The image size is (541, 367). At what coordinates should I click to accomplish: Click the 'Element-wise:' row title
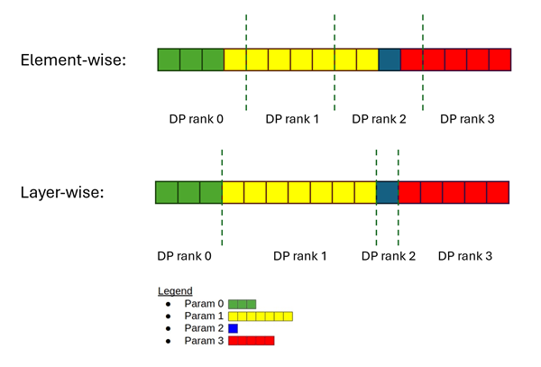73,60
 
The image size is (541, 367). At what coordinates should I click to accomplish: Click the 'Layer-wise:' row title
65,192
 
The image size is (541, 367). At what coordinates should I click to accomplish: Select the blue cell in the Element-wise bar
389,60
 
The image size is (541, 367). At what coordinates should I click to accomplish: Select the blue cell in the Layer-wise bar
387,192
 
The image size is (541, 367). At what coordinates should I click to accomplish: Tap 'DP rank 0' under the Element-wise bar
196,119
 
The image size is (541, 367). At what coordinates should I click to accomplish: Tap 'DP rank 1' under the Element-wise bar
291,119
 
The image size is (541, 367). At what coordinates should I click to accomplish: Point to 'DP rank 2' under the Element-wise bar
379,119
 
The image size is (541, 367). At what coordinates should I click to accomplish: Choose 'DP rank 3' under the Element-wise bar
466,119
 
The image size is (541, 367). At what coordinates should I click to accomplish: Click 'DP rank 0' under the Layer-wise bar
184,256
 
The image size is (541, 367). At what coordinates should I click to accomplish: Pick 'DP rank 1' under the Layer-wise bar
300,256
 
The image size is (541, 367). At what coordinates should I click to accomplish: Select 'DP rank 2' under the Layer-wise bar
388,256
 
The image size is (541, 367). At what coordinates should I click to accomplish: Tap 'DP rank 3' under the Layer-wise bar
465,256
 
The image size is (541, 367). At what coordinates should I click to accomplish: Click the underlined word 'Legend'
175,291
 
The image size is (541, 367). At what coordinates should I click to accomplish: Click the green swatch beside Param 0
243,304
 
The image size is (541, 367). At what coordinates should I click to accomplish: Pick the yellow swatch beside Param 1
261,317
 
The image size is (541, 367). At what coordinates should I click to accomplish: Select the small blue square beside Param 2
233,329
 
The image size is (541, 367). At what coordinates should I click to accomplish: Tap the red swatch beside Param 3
251,342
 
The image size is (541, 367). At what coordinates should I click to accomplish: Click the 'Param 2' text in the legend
204,329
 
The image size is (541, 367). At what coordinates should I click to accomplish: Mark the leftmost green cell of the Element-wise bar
169,60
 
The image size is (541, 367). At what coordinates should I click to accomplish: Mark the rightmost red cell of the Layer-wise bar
499,192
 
